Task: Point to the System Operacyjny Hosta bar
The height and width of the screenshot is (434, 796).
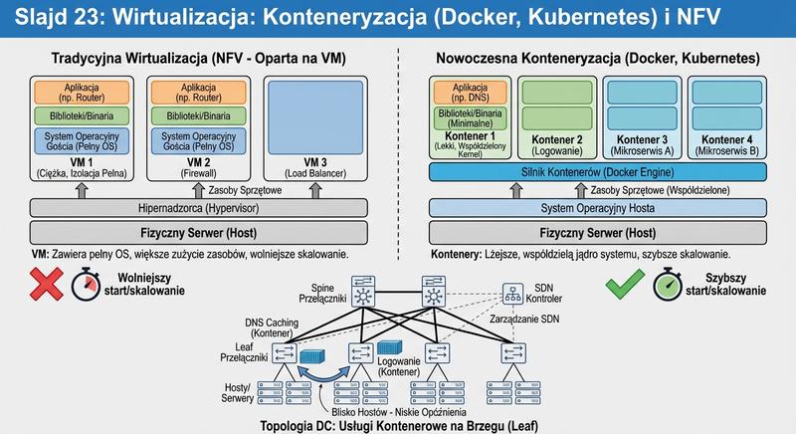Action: tap(598, 208)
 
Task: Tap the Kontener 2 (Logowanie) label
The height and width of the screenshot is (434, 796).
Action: tap(552, 144)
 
